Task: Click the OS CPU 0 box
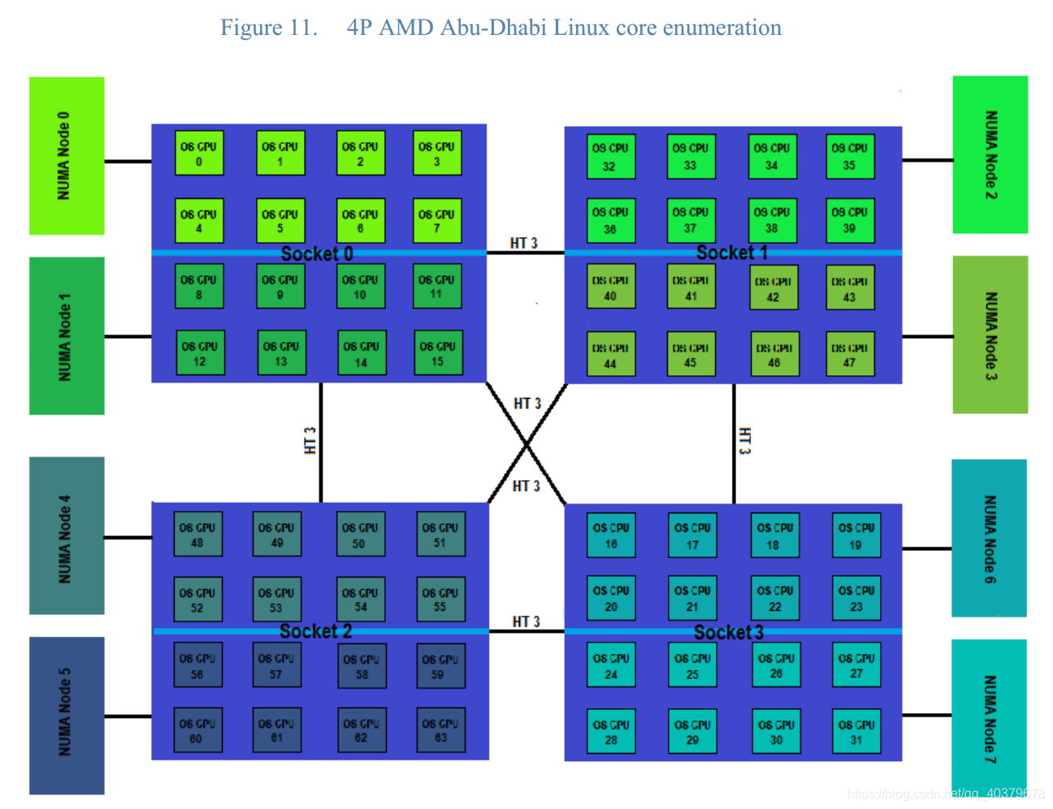tap(199, 154)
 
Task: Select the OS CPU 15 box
tap(438, 353)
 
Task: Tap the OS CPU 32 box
tap(610, 157)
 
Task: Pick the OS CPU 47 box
tap(850, 355)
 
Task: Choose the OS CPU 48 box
tap(197, 534)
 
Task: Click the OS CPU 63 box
tap(440, 730)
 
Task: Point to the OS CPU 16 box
tap(611, 535)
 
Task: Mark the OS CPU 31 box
tap(856, 732)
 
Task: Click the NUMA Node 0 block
tap(67, 156)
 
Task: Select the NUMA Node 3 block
tap(990, 335)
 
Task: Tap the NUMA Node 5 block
tap(67, 715)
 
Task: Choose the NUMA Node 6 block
tap(989, 538)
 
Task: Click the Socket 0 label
tap(317, 254)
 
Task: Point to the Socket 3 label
tap(729, 633)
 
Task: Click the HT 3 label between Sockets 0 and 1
tap(524, 243)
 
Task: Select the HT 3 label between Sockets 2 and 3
tap(526, 621)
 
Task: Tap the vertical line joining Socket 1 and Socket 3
tap(734, 443)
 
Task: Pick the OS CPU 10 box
tap(360, 287)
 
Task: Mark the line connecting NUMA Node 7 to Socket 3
tap(927, 716)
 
